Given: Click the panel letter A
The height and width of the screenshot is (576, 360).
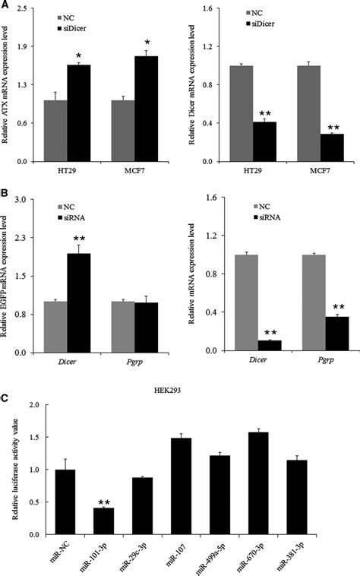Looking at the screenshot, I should (6, 6).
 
